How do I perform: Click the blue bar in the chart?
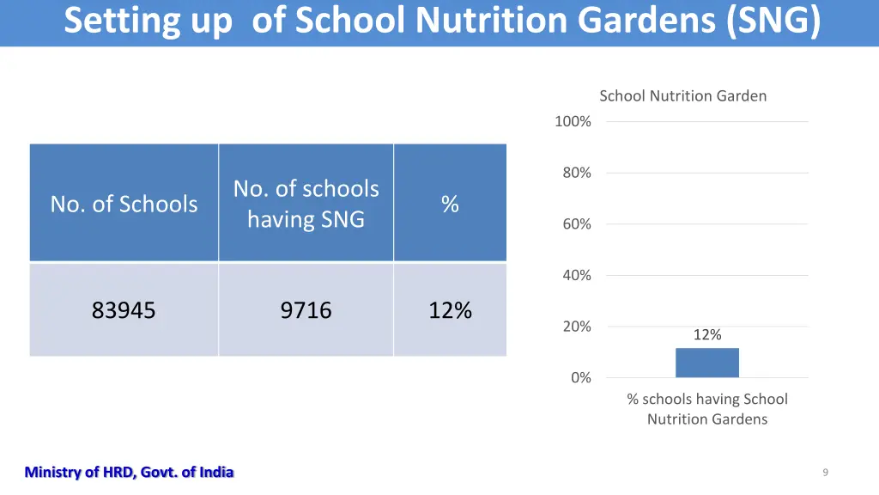tap(706, 363)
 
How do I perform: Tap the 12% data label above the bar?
tap(707, 335)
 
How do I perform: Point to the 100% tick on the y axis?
tap(573, 122)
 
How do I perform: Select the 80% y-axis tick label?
tap(576, 173)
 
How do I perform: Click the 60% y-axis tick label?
tap(576, 224)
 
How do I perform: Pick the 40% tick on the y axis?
tap(576, 275)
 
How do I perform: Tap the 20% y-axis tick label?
tap(576, 327)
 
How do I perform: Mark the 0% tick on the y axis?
tap(580, 377)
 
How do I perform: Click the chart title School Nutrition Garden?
tap(682, 95)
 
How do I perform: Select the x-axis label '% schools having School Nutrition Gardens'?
tap(706, 409)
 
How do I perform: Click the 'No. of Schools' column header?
tap(124, 204)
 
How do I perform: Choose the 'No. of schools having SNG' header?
tap(306, 204)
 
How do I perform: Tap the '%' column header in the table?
tap(450, 204)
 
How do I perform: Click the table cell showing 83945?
tap(124, 310)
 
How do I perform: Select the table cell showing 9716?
tap(306, 310)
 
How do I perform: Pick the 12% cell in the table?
tap(450, 310)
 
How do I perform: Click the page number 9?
tap(825, 472)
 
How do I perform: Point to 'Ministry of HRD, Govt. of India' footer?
tap(129, 472)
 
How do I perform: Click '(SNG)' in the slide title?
tap(773, 21)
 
